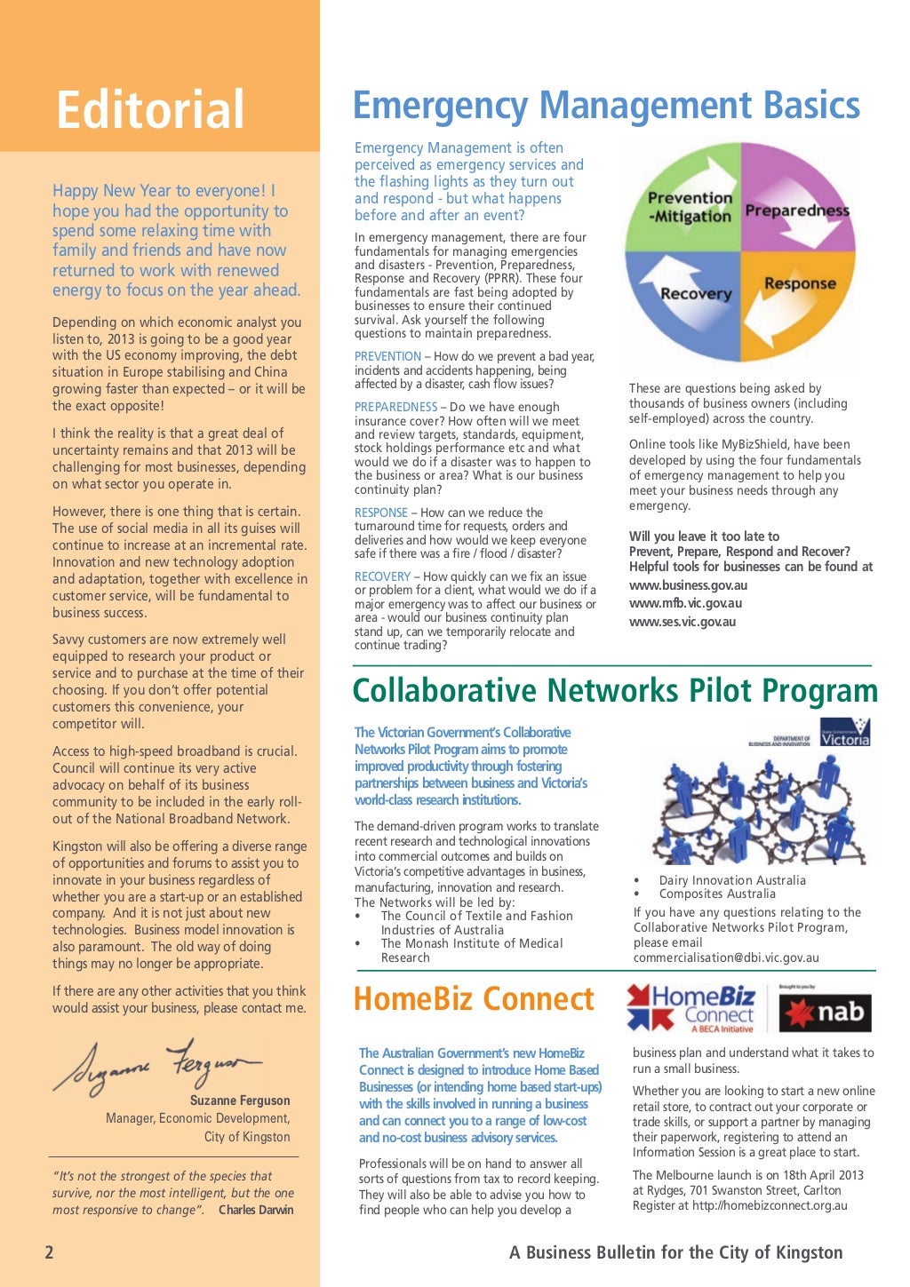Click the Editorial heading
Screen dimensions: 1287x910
pyautogui.click(x=150, y=109)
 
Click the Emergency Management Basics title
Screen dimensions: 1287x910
pyautogui.click(x=606, y=105)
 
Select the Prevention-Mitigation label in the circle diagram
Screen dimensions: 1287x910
pyautogui.click(x=690, y=207)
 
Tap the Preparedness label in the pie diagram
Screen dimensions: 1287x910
pyautogui.click(x=796, y=211)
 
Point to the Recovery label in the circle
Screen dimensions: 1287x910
pyautogui.click(x=695, y=293)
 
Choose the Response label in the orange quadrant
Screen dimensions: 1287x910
pyautogui.click(x=799, y=284)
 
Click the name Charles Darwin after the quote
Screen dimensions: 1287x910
pyautogui.click(x=256, y=1210)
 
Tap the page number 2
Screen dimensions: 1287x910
pyautogui.click(x=49, y=1252)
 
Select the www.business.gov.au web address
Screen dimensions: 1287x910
pyautogui.click(x=688, y=585)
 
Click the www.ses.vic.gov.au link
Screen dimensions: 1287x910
pyautogui.click(x=682, y=622)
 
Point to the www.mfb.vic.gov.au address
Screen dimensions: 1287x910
pyautogui.click(x=684, y=603)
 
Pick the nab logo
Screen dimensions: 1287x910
pyautogui.click(x=826, y=1013)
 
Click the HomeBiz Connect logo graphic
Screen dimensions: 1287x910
pyautogui.click(x=690, y=1008)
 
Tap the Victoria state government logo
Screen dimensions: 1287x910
pyautogui.click(x=844, y=733)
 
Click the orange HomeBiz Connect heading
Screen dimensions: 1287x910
pyautogui.click(x=473, y=999)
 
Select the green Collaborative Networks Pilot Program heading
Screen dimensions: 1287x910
pyautogui.click(x=615, y=691)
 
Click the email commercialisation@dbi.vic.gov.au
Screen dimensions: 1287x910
pyautogui.click(x=725, y=957)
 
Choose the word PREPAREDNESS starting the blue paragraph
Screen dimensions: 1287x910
pyautogui.click(x=395, y=407)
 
